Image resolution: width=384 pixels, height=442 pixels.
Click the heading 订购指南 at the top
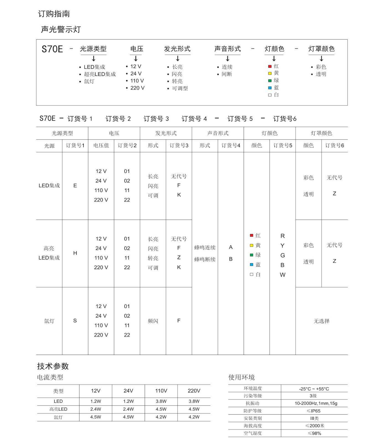tap(54, 14)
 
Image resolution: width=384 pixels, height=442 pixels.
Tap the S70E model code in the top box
tap(52, 49)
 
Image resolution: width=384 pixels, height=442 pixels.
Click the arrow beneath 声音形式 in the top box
tap(228, 59)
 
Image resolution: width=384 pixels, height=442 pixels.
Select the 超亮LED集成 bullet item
tap(100, 74)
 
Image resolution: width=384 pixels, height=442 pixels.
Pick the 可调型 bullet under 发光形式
tap(180, 88)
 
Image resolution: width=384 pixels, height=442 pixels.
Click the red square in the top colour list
tap(270, 66)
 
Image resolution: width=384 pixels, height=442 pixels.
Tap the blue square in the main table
tap(252, 265)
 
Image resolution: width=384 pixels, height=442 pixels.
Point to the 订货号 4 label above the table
tap(194, 119)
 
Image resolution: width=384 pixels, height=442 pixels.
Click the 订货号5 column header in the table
tap(283, 146)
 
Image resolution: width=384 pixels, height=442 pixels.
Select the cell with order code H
tap(75, 253)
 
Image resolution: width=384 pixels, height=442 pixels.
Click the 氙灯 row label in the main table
tap(49, 321)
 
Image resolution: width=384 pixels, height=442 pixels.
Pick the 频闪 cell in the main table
tap(153, 321)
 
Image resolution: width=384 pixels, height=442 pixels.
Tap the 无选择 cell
tap(322, 321)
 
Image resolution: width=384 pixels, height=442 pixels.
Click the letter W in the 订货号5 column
tap(283, 275)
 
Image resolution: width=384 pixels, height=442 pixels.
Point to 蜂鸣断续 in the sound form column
tap(205, 259)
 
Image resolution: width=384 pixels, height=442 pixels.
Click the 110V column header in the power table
tap(161, 391)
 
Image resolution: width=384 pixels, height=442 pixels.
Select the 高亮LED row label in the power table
tap(58, 409)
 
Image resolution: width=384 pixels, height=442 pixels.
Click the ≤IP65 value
tap(314, 411)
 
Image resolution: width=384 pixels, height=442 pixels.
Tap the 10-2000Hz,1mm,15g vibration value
tap(316, 403)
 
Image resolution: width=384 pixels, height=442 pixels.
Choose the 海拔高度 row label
tap(253, 426)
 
